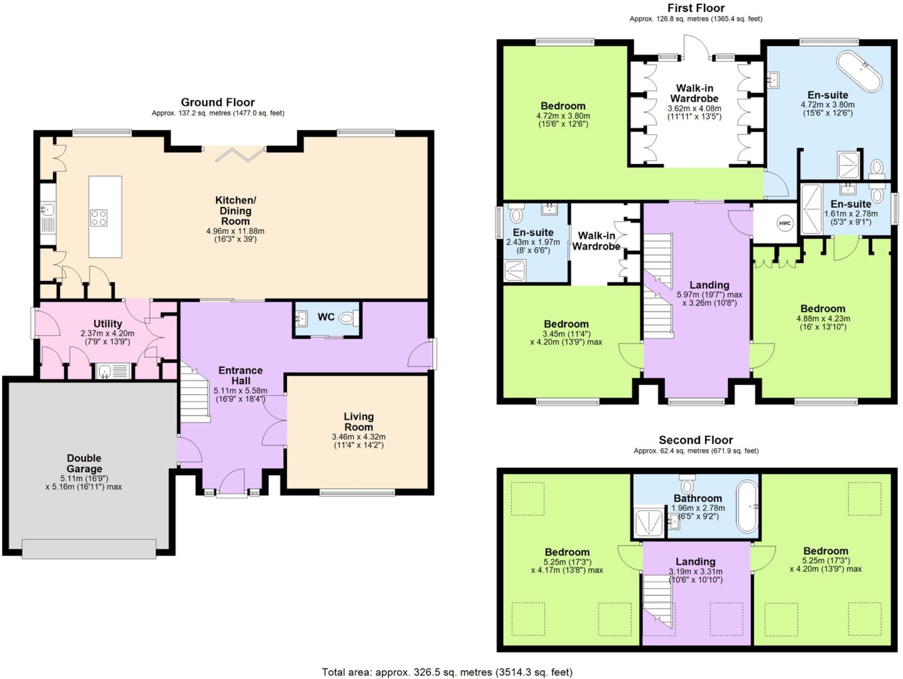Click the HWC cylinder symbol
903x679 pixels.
click(784, 223)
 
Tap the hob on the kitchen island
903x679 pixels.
click(99, 218)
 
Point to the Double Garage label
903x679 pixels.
click(84, 463)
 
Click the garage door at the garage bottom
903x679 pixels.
click(89, 549)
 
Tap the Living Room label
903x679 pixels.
click(359, 422)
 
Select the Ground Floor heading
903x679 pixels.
click(218, 102)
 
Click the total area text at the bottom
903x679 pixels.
click(447, 672)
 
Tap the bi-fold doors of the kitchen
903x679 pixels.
click(241, 154)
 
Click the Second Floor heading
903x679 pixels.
click(695, 440)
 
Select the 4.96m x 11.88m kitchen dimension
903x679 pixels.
click(235, 231)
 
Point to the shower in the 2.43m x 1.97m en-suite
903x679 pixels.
click(515, 270)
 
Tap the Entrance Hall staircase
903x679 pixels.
click(194, 395)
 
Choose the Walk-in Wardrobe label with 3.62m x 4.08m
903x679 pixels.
click(694, 93)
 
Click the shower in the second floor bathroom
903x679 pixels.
click(649, 523)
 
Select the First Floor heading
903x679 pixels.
click(695, 8)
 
